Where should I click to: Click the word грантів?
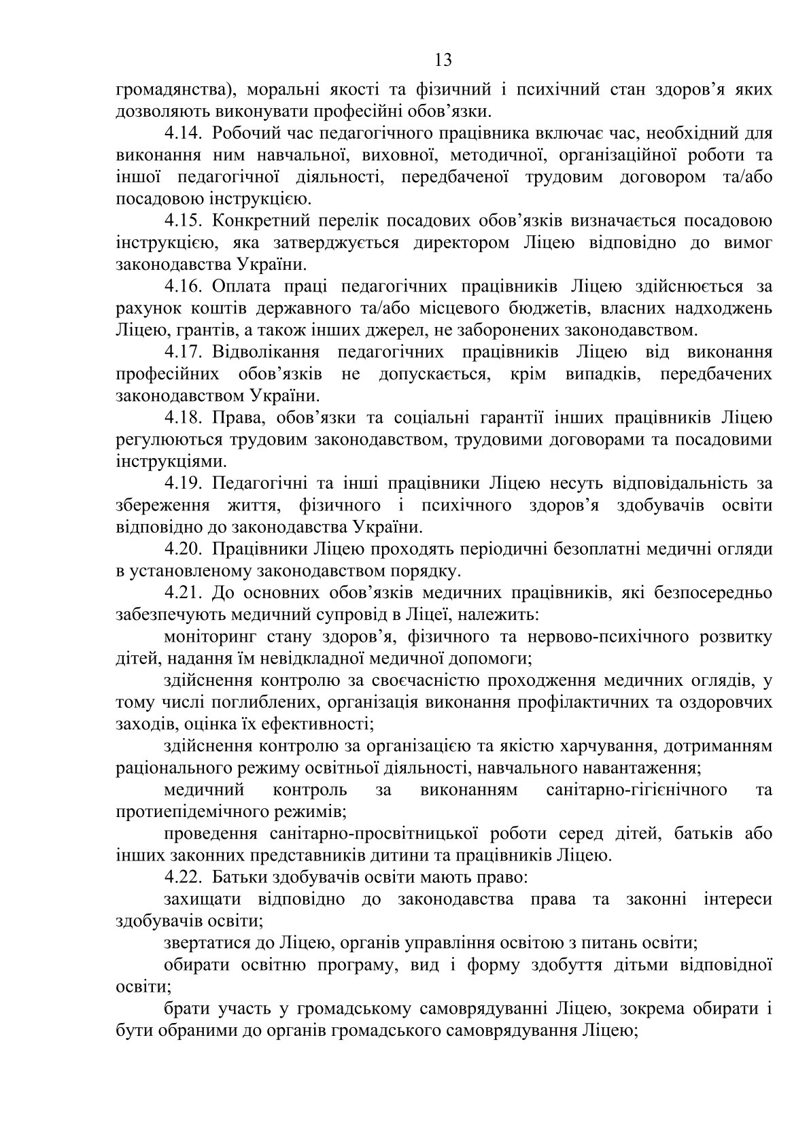193,331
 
